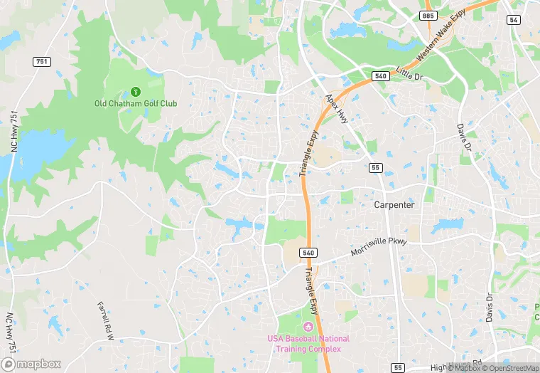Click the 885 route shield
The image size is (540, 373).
428,15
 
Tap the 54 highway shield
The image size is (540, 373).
513,20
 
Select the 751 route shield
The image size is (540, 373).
42,62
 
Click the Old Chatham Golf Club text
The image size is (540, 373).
136,103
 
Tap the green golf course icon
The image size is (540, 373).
135,91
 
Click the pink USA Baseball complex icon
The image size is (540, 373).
308,326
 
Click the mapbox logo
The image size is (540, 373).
31,363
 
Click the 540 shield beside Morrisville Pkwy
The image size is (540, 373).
308,253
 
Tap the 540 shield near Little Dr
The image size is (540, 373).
381,76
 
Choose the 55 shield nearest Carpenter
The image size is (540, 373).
375,168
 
